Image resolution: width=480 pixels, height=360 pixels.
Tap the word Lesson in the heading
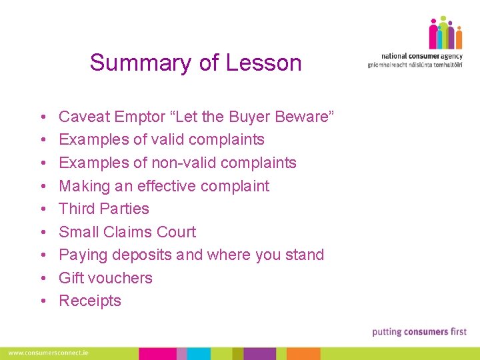pyautogui.click(x=263, y=63)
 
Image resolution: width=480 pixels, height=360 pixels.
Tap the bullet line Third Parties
pyautogui.click(x=104, y=209)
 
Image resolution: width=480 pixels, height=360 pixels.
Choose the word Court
pyautogui.click(x=175, y=232)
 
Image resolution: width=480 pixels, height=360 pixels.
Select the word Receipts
pyautogui.click(x=90, y=301)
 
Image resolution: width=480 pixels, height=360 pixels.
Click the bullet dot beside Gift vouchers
pyautogui.click(x=42, y=279)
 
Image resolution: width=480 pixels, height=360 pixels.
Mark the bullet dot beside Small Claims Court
pyautogui.click(x=42, y=233)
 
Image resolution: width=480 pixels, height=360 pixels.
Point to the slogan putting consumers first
pyautogui.click(x=419, y=331)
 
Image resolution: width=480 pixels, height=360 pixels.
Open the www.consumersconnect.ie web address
pyautogui.click(x=49, y=353)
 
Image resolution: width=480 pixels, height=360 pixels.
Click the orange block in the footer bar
pyautogui.click(x=303, y=353)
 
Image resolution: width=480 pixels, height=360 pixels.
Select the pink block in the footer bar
pyautogui.click(x=157, y=353)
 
